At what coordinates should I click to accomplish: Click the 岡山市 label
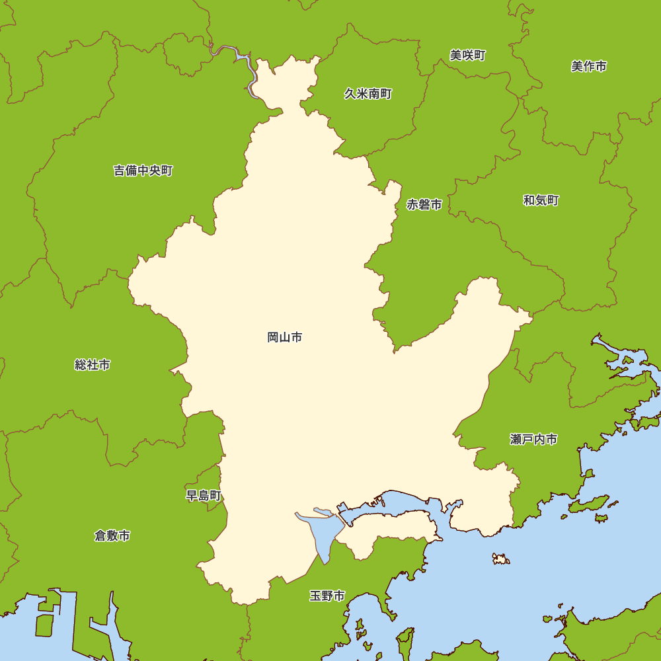tap(285, 338)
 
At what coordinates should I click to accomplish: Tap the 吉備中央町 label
tap(143, 171)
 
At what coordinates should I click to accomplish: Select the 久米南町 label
tap(368, 94)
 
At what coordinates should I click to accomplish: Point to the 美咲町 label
tap(467, 56)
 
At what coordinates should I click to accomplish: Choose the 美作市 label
tap(588, 66)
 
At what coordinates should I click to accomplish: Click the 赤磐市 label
tap(424, 205)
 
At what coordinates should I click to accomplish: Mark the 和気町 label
tap(541, 200)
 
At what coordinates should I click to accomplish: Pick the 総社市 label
tap(93, 365)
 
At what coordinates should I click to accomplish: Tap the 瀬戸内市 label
tap(533, 440)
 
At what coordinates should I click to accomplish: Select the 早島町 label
tap(204, 496)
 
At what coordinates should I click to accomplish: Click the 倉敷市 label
tap(112, 536)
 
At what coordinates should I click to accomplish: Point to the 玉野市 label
tap(327, 596)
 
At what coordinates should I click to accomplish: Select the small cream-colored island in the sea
tap(501, 559)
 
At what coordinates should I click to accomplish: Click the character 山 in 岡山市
tap(285, 338)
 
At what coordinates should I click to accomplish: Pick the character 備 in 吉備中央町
tap(131, 171)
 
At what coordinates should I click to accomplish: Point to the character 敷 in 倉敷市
tap(112, 536)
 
